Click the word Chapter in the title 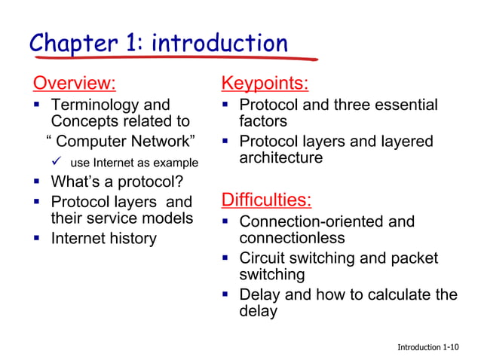pos(71,43)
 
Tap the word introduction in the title pos(219,43)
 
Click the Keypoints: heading pos(264,82)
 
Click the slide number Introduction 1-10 pos(427,347)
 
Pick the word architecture pos(280,158)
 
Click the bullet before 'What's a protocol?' pos(37,182)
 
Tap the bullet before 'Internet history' pos(37,239)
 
